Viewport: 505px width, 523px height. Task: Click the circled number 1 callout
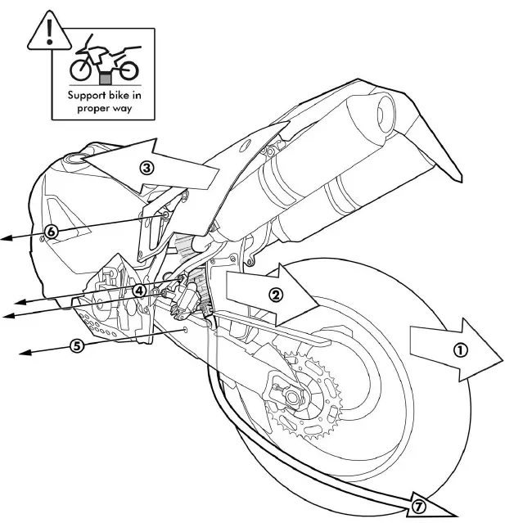click(460, 349)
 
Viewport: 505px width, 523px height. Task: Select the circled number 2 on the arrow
click(277, 295)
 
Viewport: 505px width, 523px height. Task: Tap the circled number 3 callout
click(147, 169)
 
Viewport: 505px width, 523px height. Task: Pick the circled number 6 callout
click(51, 232)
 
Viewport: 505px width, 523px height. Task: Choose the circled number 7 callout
click(418, 507)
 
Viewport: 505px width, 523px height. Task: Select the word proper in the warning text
click(94, 107)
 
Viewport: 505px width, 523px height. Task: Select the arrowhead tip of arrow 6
click(3, 238)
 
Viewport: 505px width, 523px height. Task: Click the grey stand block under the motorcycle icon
click(103, 79)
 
